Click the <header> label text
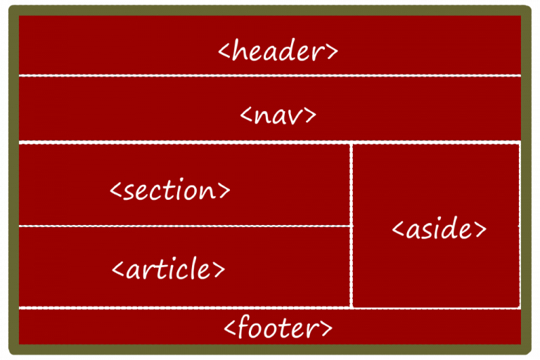[x=278, y=51]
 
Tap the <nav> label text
[x=278, y=115]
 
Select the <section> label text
[x=170, y=189]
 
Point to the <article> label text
[x=169, y=268]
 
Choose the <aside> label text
[x=439, y=228]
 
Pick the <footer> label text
[x=278, y=326]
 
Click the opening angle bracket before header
[x=224, y=51]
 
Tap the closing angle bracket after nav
[x=311, y=115]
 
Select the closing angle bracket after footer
[x=327, y=328]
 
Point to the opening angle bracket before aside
[x=398, y=229]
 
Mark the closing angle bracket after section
[x=224, y=191]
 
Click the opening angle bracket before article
[x=118, y=269]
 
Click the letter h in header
[x=240, y=50]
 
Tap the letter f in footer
[x=245, y=326]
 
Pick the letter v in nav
[x=296, y=117]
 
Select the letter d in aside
[x=449, y=227]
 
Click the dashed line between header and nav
[x=270, y=75]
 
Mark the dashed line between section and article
[x=185, y=226]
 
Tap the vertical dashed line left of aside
[x=352, y=225]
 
